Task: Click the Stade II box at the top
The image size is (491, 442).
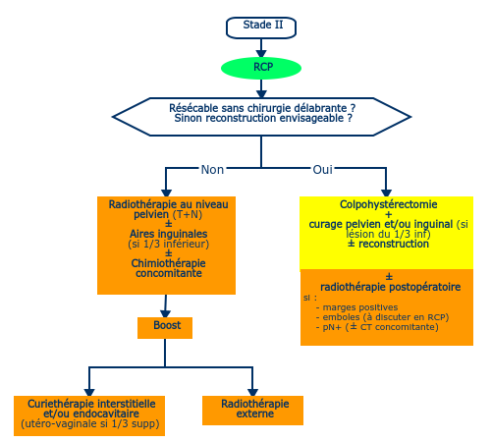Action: (x=261, y=28)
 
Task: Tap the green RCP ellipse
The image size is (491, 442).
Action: (x=261, y=68)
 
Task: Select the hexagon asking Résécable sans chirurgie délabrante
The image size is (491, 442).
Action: (x=261, y=117)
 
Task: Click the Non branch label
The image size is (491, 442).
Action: (x=212, y=170)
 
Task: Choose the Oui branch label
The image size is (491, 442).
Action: (x=322, y=170)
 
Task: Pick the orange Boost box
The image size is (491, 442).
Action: (x=165, y=328)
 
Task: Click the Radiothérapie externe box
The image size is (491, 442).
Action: (x=252, y=411)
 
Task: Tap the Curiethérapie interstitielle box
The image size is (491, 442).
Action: (x=89, y=415)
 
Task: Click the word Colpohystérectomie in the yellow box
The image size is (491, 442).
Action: (x=389, y=204)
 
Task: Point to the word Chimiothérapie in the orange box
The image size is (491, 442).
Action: (x=168, y=263)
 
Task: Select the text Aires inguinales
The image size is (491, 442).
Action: (x=168, y=234)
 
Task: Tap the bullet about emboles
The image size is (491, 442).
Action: (x=382, y=317)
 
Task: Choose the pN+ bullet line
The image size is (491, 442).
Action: (x=377, y=327)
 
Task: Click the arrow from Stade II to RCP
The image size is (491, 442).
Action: (x=261, y=48)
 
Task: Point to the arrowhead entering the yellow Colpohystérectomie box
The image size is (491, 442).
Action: (x=386, y=193)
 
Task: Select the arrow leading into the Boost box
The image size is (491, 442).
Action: (x=165, y=306)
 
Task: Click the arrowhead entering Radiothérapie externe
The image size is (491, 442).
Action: (x=252, y=392)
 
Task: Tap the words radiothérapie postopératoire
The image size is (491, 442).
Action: (x=390, y=287)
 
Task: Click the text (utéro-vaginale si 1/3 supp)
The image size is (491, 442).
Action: (x=90, y=423)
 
